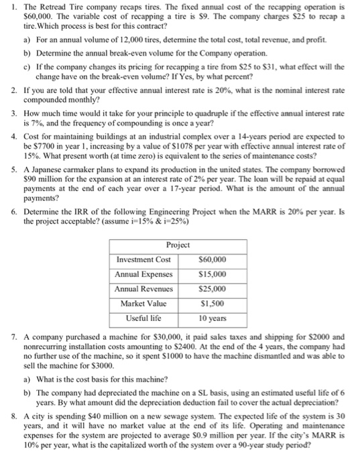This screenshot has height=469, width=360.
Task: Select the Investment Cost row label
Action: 143,259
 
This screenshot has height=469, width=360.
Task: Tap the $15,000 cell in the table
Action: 213,274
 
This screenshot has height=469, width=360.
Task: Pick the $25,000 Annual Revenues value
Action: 213,289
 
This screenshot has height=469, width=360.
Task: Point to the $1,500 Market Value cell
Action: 213,304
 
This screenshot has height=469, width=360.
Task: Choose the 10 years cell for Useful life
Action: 213,319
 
